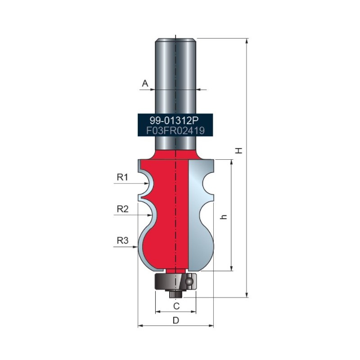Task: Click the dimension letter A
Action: [145, 83]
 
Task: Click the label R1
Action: [122, 177]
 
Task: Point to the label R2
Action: [122, 209]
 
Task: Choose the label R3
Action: [122, 240]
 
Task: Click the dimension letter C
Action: [176, 306]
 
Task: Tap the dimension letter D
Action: [176, 320]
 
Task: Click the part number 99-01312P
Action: [175, 121]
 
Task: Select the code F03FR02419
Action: [175, 130]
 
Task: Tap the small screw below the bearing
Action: [175, 294]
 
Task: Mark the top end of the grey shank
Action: [175, 40]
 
